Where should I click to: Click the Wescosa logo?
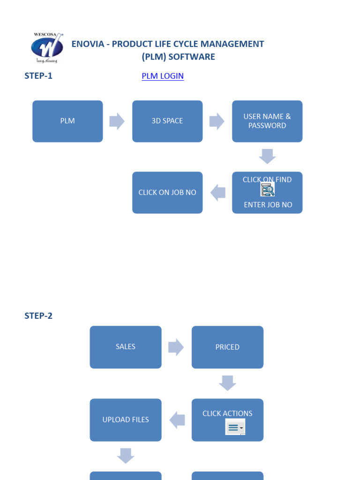click(47, 48)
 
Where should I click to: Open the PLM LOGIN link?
click(163, 76)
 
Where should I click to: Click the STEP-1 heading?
click(38, 76)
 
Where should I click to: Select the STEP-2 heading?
click(38, 316)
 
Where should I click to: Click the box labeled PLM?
click(67, 121)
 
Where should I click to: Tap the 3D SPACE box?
click(167, 121)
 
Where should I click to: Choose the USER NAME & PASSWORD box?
click(267, 121)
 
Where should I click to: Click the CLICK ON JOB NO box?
click(167, 193)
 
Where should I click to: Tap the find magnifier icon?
click(268, 189)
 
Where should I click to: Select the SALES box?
click(126, 347)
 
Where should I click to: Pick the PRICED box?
click(227, 347)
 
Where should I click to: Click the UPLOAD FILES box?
click(126, 420)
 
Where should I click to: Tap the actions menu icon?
click(235, 427)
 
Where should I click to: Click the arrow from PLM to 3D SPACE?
click(117, 121)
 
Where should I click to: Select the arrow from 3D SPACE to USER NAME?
click(217, 121)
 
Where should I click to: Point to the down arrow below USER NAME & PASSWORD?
click(267, 157)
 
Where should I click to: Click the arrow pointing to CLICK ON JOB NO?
click(218, 193)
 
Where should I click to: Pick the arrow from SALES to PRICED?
click(176, 347)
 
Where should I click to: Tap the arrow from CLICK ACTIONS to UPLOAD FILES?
click(177, 420)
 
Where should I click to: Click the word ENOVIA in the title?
click(87, 44)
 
